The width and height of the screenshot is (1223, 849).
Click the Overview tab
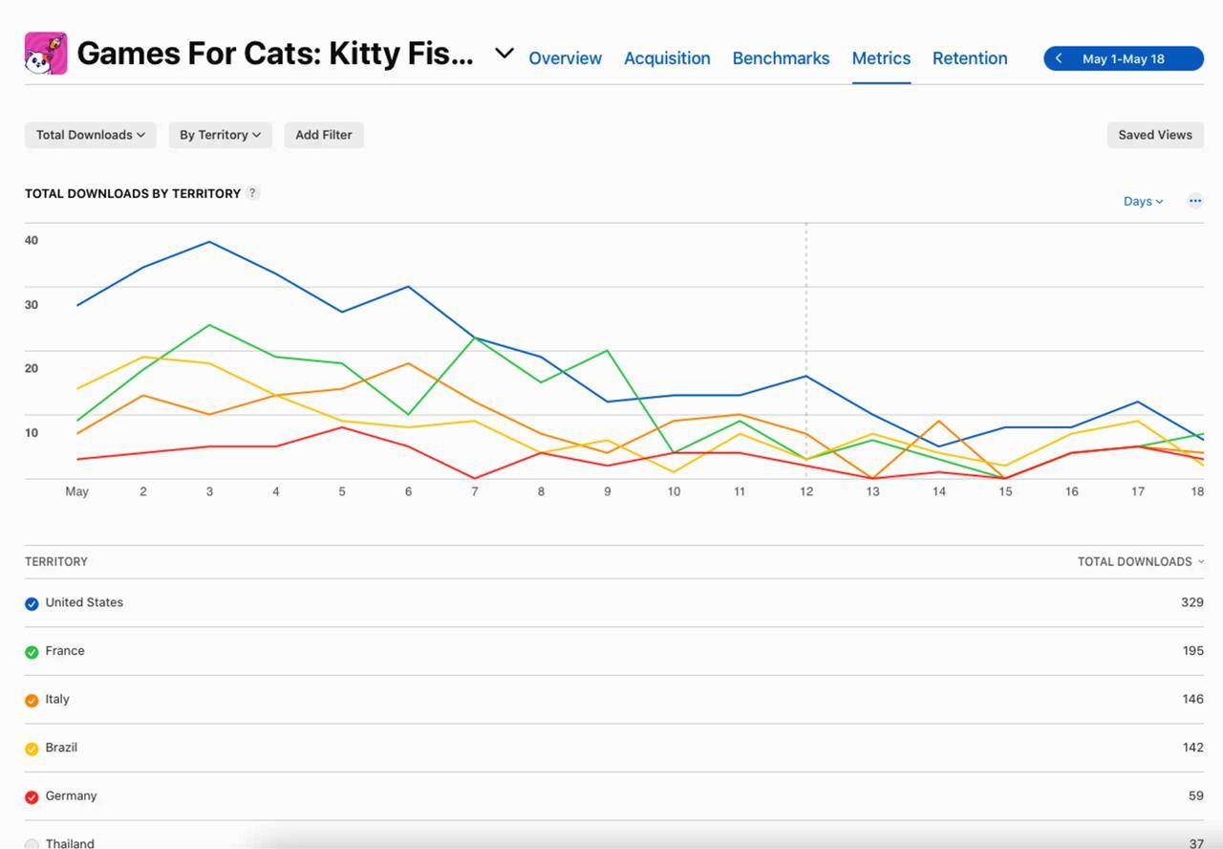[565, 58]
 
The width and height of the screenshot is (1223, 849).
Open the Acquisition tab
[667, 58]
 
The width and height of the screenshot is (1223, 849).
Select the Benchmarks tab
[781, 58]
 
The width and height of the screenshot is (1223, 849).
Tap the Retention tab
[970, 58]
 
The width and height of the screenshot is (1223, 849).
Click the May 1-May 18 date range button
[1123, 58]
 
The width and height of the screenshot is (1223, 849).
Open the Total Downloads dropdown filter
[91, 135]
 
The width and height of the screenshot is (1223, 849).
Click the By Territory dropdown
[220, 135]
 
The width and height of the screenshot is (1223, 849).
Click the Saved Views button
[1155, 135]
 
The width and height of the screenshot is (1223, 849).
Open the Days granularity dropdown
[1143, 201]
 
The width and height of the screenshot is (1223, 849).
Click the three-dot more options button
[1195, 201]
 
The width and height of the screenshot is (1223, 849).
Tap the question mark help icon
[252, 192]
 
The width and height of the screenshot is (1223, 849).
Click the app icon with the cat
[46, 54]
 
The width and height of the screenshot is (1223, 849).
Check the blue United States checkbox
[32, 603]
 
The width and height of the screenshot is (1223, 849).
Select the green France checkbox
[32, 652]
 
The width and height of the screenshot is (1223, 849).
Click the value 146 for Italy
[1192, 699]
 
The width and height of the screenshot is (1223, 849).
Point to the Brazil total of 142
[1192, 748]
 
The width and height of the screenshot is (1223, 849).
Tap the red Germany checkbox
[32, 796]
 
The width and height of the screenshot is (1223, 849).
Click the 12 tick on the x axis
[806, 491]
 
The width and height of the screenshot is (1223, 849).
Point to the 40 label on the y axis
[32, 240]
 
